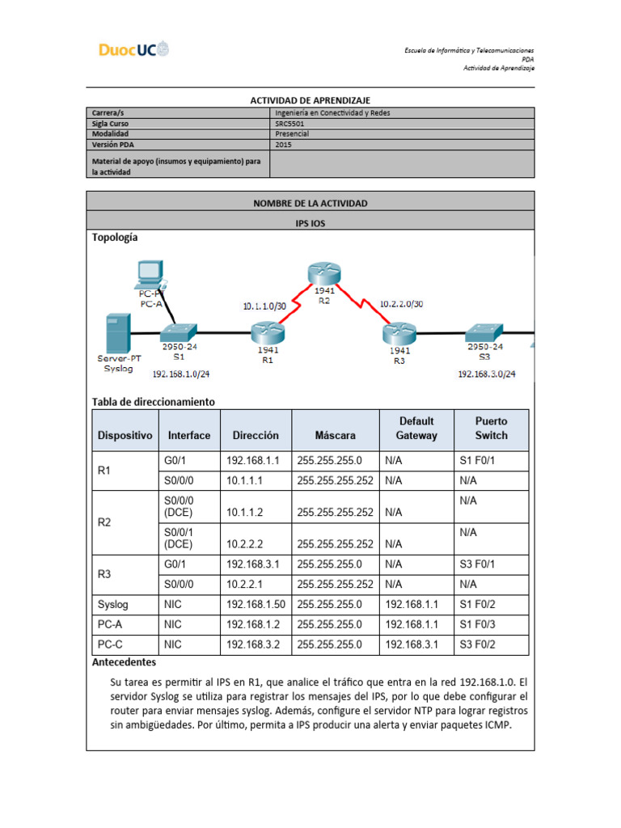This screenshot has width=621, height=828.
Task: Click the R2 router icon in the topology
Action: click(323, 274)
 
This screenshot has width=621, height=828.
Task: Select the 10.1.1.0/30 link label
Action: click(264, 306)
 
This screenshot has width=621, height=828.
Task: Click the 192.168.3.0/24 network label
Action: click(487, 374)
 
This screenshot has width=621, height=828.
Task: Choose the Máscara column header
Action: click(335, 435)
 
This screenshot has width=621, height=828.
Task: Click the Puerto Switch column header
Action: click(491, 429)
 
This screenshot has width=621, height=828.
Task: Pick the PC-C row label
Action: click(111, 644)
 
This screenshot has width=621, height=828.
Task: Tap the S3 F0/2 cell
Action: click(477, 644)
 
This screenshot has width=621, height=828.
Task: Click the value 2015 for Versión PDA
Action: click(284, 145)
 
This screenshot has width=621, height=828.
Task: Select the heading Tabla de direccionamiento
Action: click(154, 401)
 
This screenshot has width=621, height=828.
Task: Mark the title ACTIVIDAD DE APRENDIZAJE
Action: click(310, 99)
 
